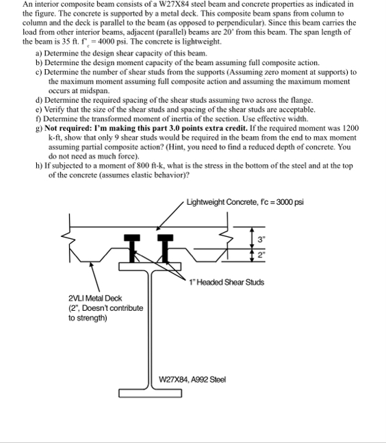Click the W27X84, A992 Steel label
coord(192,379)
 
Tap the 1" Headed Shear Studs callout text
coord(227,282)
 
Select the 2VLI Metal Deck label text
coord(95,299)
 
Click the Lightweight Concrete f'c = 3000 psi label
coord(245,202)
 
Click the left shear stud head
coord(132,238)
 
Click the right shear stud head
coord(165,238)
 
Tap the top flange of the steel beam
coord(150,266)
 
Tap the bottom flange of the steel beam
coord(150,393)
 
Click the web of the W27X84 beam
coord(150,330)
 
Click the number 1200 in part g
coord(350,128)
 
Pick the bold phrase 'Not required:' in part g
coord(67,128)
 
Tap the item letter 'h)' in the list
coord(39,166)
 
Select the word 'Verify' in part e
coord(55,110)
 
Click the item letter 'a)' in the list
coord(39,53)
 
